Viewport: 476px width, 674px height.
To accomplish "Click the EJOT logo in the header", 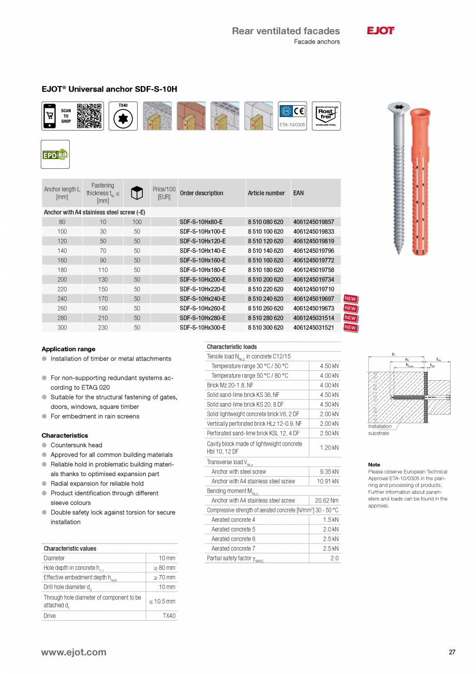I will [x=380, y=31].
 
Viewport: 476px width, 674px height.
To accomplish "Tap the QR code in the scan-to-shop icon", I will [x=88, y=116].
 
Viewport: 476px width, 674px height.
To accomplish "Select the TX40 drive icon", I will [x=123, y=118].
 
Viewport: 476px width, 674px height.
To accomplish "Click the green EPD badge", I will [x=55, y=154].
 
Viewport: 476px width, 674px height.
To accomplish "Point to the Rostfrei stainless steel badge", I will [x=326, y=116].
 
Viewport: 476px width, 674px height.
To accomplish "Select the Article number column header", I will [x=266, y=193].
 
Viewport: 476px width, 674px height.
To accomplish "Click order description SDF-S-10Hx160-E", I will [x=202, y=261].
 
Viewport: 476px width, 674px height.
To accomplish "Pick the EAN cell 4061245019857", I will [x=314, y=222].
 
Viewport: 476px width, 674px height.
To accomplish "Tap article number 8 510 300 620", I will [x=265, y=328].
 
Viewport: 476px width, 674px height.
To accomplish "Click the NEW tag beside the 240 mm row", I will [x=350, y=299].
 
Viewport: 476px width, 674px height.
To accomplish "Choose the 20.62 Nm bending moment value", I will [x=326, y=501].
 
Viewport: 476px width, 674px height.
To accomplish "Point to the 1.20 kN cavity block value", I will [x=329, y=448].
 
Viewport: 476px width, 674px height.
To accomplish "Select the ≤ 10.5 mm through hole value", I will [x=162, y=601].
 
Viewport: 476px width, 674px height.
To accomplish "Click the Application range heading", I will [x=68, y=349].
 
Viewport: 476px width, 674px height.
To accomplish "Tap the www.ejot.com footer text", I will [x=73, y=652].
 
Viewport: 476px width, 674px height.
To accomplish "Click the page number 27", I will [x=452, y=652].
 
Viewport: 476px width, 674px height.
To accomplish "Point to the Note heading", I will [x=374, y=465].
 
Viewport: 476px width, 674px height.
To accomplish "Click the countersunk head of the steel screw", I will [x=398, y=108].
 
